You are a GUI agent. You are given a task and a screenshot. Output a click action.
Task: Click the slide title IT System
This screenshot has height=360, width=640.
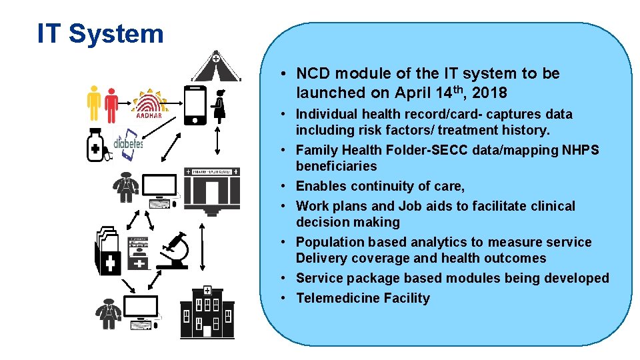pyautogui.click(x=101, y=33)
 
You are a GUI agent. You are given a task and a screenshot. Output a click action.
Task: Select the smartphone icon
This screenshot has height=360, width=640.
pyautogui.click(x=194, y=105)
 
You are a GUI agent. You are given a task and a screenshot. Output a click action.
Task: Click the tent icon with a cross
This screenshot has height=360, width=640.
pyautogui.click(x=215, y=66)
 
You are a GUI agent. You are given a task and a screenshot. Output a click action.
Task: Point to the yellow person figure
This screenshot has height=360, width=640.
pyautogui.click(x=95, y=103)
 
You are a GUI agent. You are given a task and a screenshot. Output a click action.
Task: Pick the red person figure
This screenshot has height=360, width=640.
pyautogui.click(x=111, y=105)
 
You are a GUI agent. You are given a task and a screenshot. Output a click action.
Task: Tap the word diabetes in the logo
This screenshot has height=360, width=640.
pyautogui.click(x=128, y=143)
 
